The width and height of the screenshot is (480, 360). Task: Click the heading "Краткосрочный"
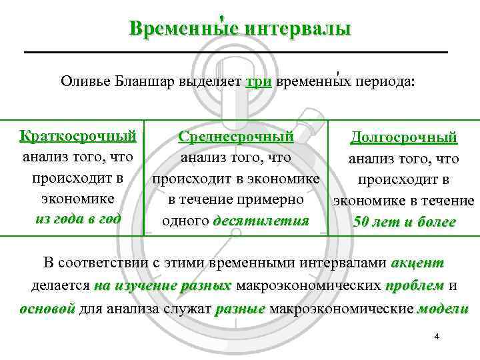tap(78, 137)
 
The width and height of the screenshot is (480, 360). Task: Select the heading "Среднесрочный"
tap(236, 137)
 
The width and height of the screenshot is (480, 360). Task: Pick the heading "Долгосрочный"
tap(404, 138)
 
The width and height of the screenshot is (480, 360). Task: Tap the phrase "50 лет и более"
tap(404, 222)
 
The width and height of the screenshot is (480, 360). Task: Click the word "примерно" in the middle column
tap(273, 199)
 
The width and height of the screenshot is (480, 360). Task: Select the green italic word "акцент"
tap(417, 262)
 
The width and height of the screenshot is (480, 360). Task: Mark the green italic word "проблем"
tap(414, 286)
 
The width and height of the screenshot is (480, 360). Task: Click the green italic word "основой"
tap(47, 309)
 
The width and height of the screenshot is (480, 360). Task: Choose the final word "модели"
tap(443, 309)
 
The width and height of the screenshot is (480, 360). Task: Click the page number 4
tap(437, 337)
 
